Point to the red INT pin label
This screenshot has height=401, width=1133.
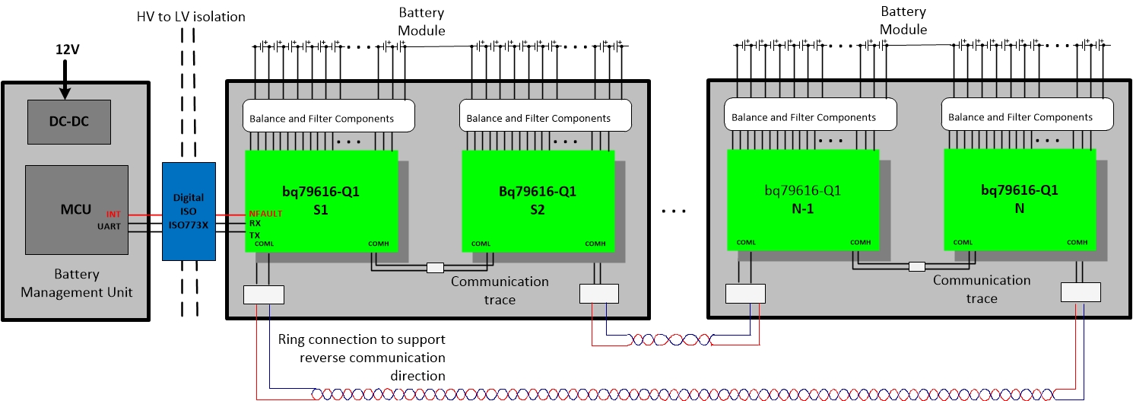pos(113,215)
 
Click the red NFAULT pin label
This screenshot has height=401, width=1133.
pos(265,214)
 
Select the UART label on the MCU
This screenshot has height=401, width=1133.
pos(109,226)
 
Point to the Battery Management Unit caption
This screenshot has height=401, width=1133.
pos(76,283)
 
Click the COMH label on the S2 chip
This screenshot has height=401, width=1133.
pos(595,243)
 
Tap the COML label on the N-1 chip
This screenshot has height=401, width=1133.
pos(746,243)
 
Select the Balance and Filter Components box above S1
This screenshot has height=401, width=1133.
pos(328,118)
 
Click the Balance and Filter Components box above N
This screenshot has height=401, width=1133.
pos(1027,117)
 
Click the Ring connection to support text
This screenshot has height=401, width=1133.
pos(361,339)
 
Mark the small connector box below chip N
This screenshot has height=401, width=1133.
pos(1081,292)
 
